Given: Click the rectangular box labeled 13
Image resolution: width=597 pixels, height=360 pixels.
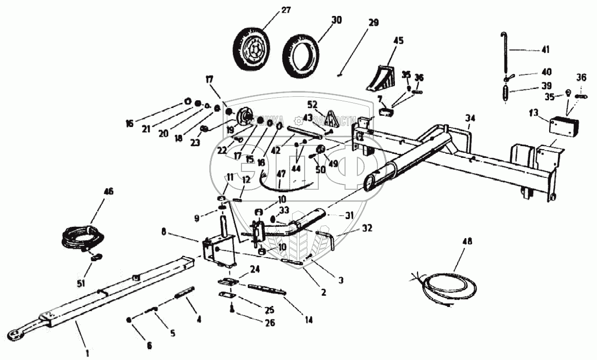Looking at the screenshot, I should click(564, 126).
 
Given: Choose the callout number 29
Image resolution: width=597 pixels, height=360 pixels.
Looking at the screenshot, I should click(373, 23).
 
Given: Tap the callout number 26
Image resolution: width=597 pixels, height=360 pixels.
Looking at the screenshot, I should click(270, 322).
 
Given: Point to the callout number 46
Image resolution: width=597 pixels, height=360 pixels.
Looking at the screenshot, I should click(109, 191).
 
